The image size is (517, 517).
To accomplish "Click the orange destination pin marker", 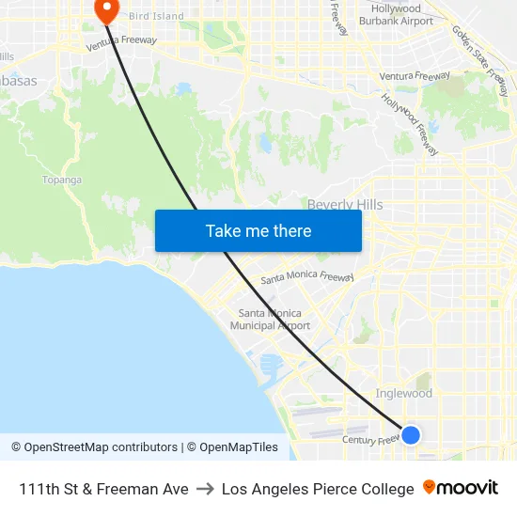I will (107, 10).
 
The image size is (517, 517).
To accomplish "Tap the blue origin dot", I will (411, 434).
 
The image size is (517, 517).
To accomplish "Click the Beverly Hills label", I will (345, 205).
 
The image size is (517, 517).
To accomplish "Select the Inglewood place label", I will (403, 394).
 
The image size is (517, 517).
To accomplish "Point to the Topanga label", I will (62, 180).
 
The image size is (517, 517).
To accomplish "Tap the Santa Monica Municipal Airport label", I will (271, 320).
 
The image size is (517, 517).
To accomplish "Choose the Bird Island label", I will (156, 16).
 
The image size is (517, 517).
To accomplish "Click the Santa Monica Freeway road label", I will (307, 278).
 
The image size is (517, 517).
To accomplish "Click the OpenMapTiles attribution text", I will (232, 447).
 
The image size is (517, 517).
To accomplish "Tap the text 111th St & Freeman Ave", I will (103, 489).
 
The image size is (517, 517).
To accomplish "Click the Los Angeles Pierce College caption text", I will (318, 489).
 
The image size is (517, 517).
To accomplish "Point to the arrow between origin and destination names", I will (205, 489).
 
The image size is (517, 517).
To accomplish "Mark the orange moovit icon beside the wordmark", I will (430, 488).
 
